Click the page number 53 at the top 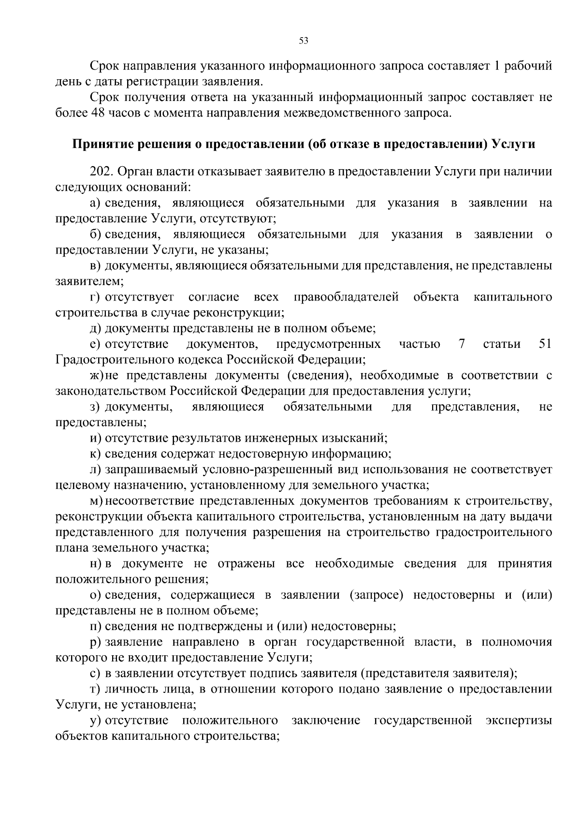(x=304, y=41)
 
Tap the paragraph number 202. (x=100, y=172)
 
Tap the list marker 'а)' (x=95, y=203)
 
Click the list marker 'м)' (x=97, y=501)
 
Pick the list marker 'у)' (x=95, y=721)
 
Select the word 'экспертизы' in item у (x=519, y=721)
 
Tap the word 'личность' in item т (x=127, y=690)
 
